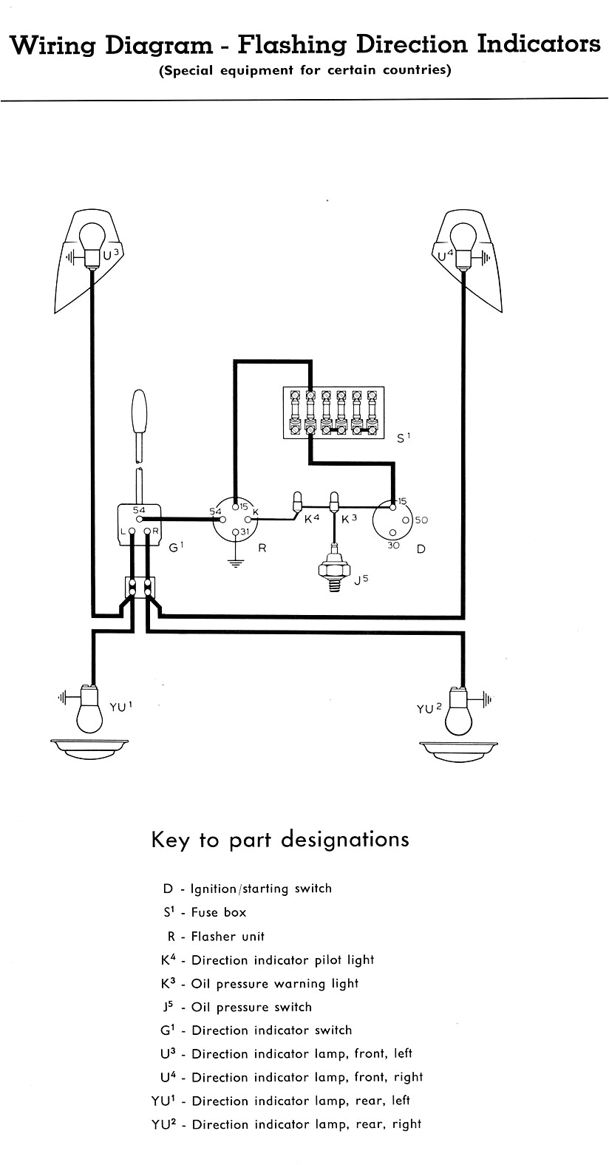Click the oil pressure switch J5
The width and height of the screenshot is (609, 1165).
[333, 570]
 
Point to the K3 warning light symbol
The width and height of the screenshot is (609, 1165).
[334, 501]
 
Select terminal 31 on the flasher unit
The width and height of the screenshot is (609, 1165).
[235, 531]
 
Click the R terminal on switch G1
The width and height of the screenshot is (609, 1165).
[148, 531]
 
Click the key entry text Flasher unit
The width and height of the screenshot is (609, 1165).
[227, 936]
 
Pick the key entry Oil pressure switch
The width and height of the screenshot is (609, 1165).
[251, 1007]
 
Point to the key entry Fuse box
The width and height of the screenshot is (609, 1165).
[219, 912]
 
